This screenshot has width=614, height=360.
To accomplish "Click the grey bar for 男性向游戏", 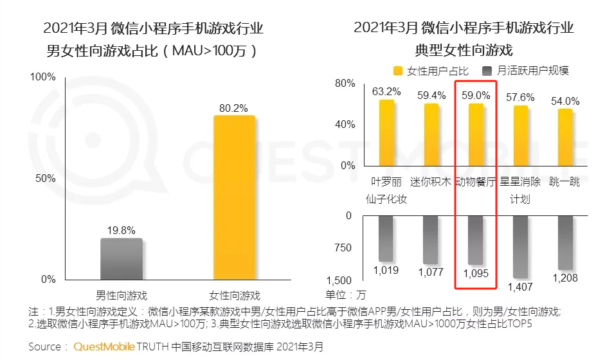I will (x=122, y=259).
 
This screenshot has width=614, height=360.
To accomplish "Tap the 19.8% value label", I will (x=122, y=230).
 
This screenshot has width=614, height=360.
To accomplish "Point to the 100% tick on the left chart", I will (x=44, y=77).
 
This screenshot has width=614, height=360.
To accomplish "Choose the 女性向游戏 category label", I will (x=235, y=296).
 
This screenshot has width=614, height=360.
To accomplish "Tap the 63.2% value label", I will (x=386, y=91).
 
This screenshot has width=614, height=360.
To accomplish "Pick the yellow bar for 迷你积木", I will (x=431, y=134).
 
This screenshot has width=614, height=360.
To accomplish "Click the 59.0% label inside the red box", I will (x=476, y=95).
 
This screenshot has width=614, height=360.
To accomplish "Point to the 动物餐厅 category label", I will (x=476, y=182).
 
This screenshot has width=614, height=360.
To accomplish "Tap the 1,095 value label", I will (x=476, y=273).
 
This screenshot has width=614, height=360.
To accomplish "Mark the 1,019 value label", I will (x=386, y=270).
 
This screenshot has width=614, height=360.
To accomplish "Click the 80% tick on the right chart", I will (x=345, y=84).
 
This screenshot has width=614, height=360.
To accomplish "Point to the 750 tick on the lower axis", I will (x=343, y=248).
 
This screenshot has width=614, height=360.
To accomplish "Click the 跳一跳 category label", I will (x=564, y=182).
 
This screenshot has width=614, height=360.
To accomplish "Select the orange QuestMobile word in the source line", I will (x=104, y=347).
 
